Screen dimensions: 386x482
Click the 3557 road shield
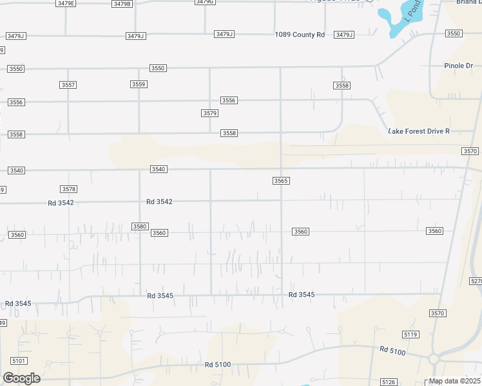(68, 85)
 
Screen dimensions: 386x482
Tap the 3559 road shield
(139, 84)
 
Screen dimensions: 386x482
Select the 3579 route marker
(209, 113)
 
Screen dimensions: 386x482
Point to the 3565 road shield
(280, 181)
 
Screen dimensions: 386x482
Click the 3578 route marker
(69, 189)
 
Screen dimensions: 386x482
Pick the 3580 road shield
(140, 226)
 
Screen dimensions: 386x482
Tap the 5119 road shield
(410, 335)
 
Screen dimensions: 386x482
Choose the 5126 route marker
(389, 382)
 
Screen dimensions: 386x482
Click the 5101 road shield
(19, 362)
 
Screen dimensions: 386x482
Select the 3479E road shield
(66, 3)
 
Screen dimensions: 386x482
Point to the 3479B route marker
(122, 3)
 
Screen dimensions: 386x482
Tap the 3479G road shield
(204, 2)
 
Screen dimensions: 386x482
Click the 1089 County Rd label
(300, 35)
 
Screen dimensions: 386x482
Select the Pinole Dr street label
(459, 66)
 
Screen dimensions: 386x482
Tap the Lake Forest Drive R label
(418, 131)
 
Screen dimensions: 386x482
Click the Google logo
(21, 378)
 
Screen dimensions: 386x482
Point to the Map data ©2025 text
(454, 381)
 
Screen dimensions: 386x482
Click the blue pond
(394, 17)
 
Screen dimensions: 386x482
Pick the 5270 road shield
(476, 281)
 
